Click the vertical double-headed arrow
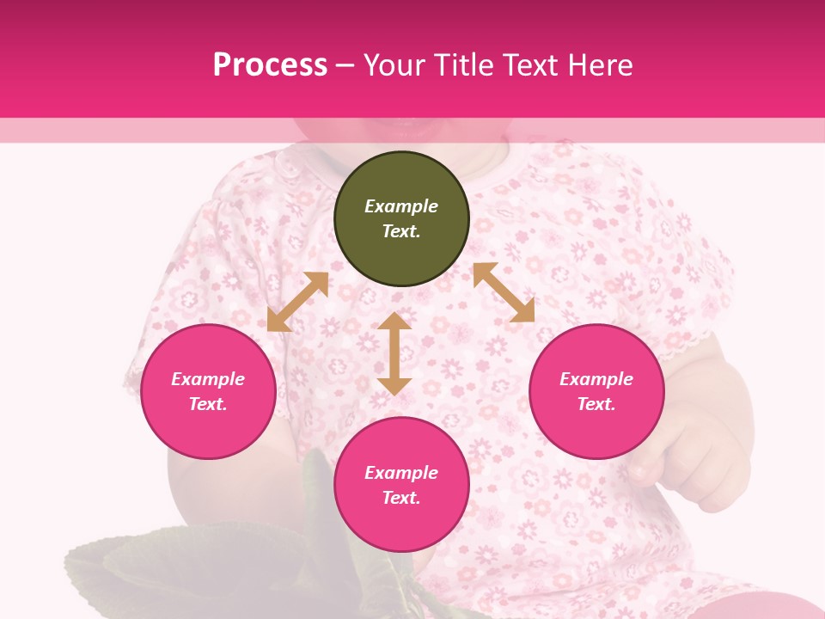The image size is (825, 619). click(394, 353)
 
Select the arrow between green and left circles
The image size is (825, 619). click(297, 302)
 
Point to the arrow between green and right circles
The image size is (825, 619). click(504, 292)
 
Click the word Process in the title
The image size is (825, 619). click(270, 65)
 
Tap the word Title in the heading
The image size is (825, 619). click(462, 65)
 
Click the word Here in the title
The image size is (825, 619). click(600, 65)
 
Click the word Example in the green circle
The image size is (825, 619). click(401, 206)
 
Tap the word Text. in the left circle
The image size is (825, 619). click(208, 404)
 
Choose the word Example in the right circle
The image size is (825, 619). click(596, 379)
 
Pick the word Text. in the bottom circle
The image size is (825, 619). click(401, 498)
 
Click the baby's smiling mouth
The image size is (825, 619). click(404, 129)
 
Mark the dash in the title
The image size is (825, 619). click(345, 65)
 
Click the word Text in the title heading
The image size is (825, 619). click(531, 65)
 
